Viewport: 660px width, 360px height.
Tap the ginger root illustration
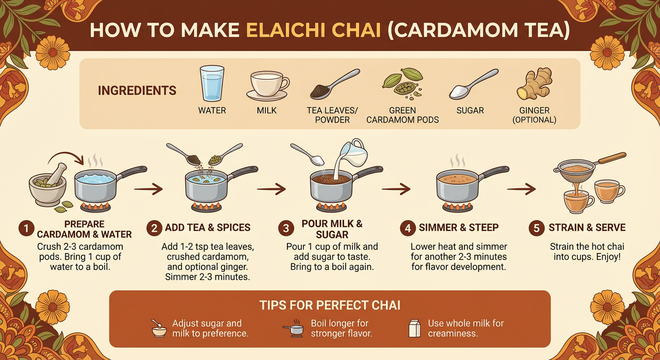pos(534,84)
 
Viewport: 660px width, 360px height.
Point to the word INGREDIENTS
pos(137,90)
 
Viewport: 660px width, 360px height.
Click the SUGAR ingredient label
pos(470,111)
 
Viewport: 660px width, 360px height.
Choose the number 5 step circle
pos(536,228)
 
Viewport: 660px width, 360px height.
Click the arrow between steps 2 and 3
pos(271,189)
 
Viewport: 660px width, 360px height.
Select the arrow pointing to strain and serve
pos(521,189)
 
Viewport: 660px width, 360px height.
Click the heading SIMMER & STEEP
pos(458,228)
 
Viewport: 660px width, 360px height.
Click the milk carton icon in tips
pos(414,328)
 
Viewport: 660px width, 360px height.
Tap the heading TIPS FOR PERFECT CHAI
pos(330,306)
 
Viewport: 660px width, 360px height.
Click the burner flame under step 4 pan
pos(457,206)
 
